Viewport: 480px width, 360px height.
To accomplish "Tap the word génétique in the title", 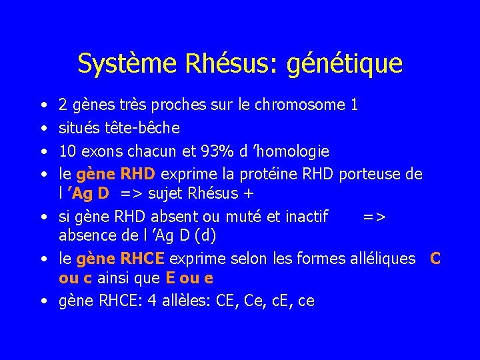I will (346, 64).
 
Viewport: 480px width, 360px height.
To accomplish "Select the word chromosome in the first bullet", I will (310, 105).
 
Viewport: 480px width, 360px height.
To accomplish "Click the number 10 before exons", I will (67, 151).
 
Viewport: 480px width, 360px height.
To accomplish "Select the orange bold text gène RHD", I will (116, 174).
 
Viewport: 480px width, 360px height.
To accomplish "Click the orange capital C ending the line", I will (435, 258).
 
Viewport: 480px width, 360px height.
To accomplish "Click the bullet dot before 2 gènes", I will (43, 105).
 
